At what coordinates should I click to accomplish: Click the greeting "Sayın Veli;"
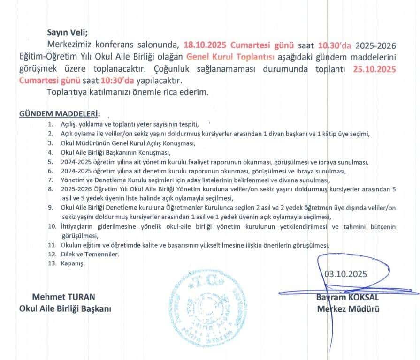tap(67, 32)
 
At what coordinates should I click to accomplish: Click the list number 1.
tap(50, 124)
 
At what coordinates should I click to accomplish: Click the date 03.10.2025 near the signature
tap(346, 274)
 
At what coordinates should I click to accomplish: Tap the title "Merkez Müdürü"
tap(348, 308)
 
